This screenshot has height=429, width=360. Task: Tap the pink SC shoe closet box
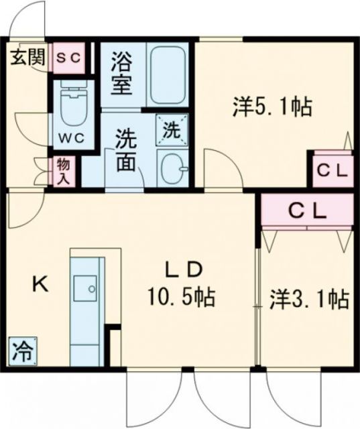[x=68, y=58]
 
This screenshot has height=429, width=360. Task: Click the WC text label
[x=70, y=139]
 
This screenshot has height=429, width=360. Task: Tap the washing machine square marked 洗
[x=172, y=129]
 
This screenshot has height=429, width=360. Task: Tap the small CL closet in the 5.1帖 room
[x=331, y=170]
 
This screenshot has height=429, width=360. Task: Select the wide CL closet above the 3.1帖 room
[x=307, y=210]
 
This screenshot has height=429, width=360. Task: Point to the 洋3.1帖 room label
[x=308, y=298]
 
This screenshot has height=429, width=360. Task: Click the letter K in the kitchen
[x=40, y=284]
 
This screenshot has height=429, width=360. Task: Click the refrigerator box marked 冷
[x=23, y=349]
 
